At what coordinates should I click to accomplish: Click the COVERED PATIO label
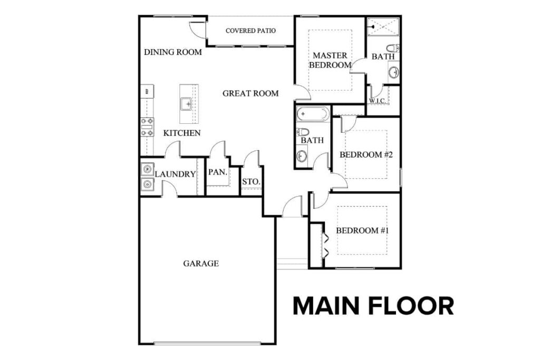click(250, 31)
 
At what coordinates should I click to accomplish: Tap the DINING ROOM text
click(173, 52)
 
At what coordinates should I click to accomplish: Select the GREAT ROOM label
click(250, 94)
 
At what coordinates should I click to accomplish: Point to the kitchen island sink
click(187, 104)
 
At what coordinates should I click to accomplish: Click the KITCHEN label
click(182, 133)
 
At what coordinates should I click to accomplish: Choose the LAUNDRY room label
click(175, 174)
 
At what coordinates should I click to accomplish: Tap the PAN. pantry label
click(217, 172)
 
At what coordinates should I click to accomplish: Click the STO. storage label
click(250, 182)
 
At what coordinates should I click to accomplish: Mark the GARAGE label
click(201, 263)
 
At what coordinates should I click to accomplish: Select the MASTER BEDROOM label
click(330, 60)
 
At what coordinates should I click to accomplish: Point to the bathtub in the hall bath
click(313, 114)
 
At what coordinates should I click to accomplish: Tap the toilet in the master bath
click(393, 48)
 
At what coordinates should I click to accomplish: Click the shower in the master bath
click(383, 25)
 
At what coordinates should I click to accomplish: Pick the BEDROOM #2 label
click(367, 154)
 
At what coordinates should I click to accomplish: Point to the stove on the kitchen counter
click(147, 127)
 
